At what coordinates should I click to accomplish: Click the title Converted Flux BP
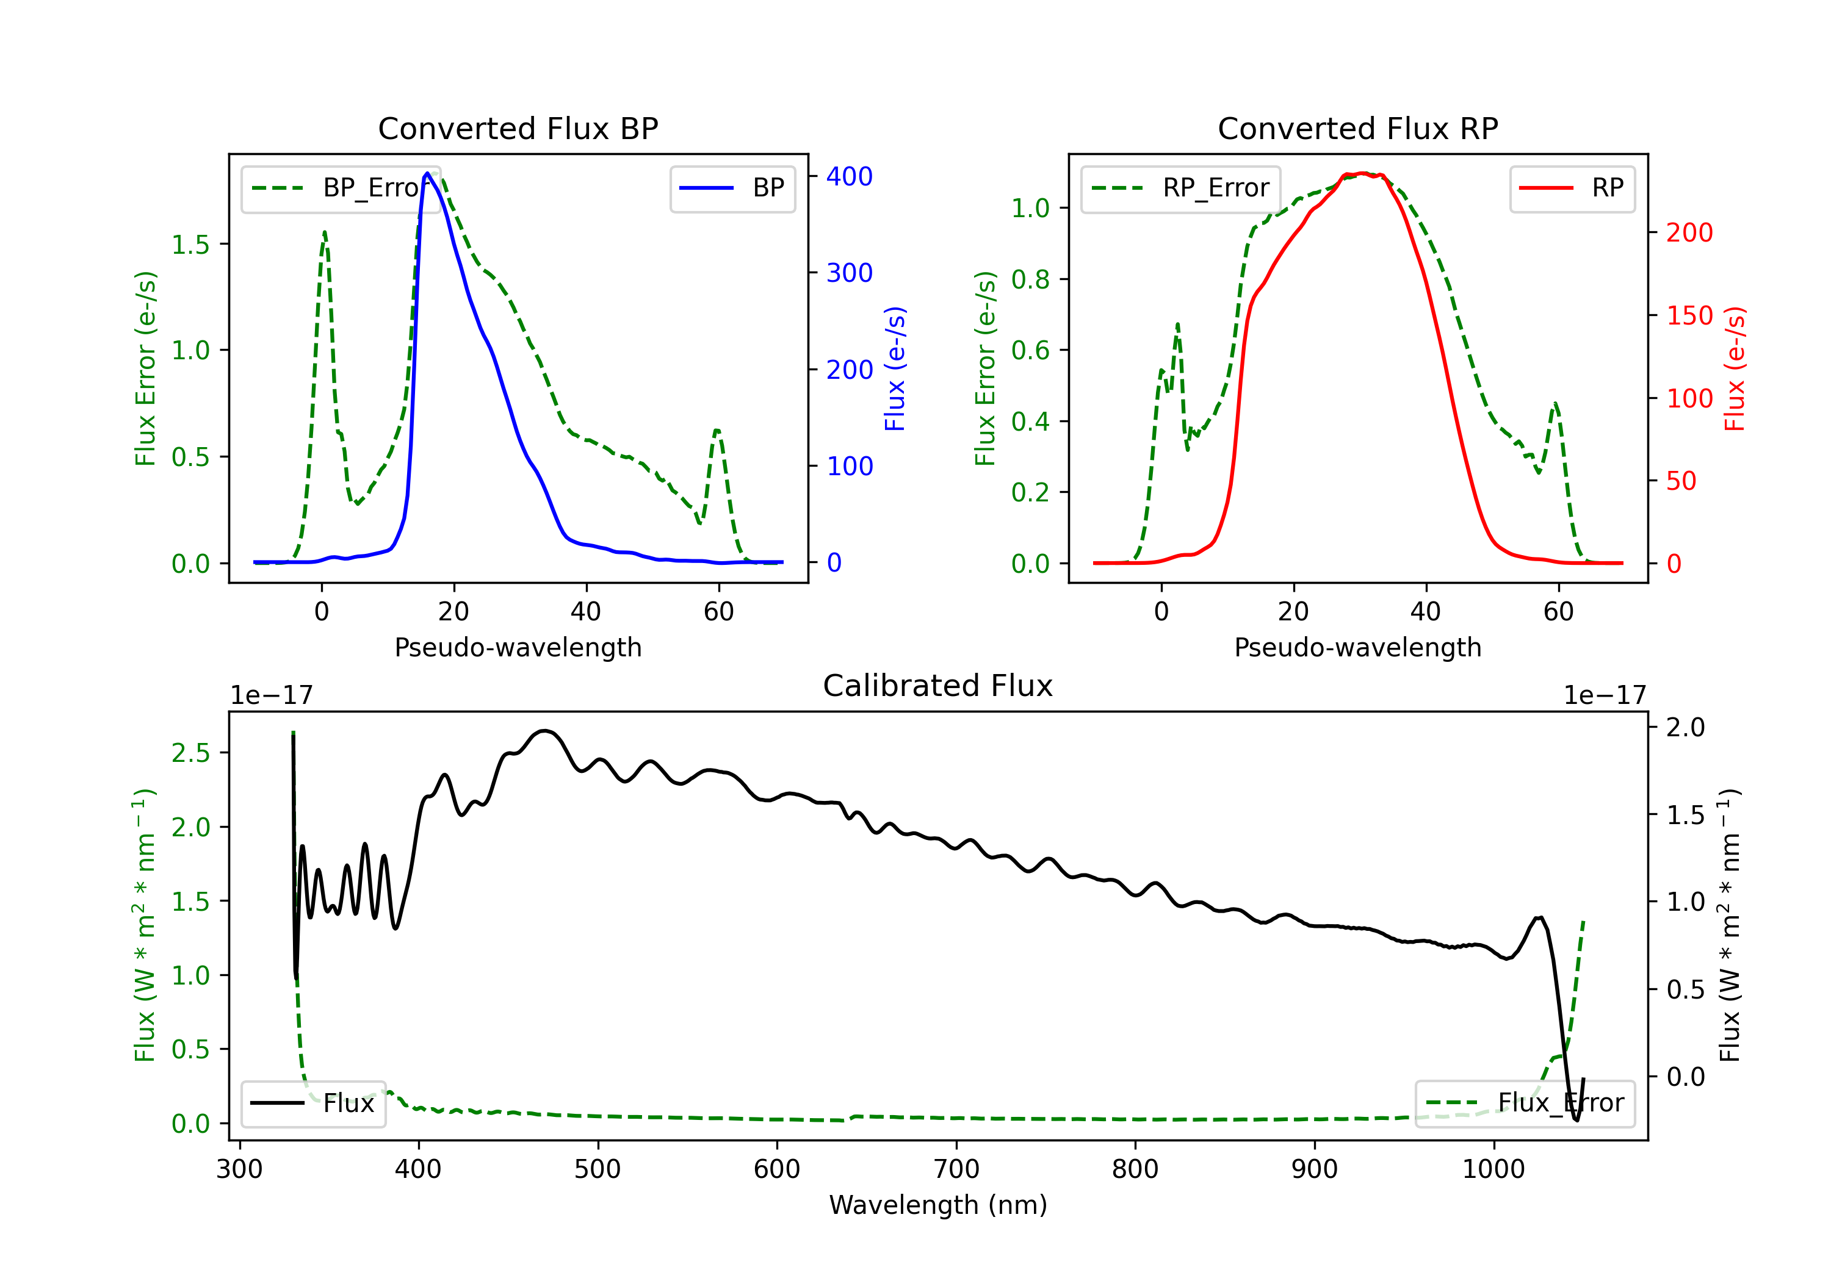pos(518,128)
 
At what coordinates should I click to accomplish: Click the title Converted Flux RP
pos(1357,128)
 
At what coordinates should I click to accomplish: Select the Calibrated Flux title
pos(938,686)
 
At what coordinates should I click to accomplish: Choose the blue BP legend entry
pos(732,188)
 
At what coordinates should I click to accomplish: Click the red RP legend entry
pos(1572,188)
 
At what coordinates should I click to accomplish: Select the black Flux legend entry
pos(312,1103)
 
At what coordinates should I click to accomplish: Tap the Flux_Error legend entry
pos(1525,1103)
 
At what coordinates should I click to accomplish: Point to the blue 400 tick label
pos(850,176)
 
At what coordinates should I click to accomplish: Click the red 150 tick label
pos(1689,315)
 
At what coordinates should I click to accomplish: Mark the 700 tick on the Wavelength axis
pos(956,1169)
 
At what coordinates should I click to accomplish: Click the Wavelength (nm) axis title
pos(938,1205)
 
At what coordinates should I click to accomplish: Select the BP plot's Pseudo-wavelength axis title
pos(518,647)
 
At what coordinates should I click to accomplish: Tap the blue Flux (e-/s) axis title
pos(895,369)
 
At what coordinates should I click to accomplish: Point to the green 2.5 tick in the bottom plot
pos(190,753)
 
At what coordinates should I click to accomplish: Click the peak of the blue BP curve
pos(427,173)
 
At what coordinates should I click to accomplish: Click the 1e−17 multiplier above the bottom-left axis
pos(271,695)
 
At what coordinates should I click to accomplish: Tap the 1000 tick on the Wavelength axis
pos(1493,1169)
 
